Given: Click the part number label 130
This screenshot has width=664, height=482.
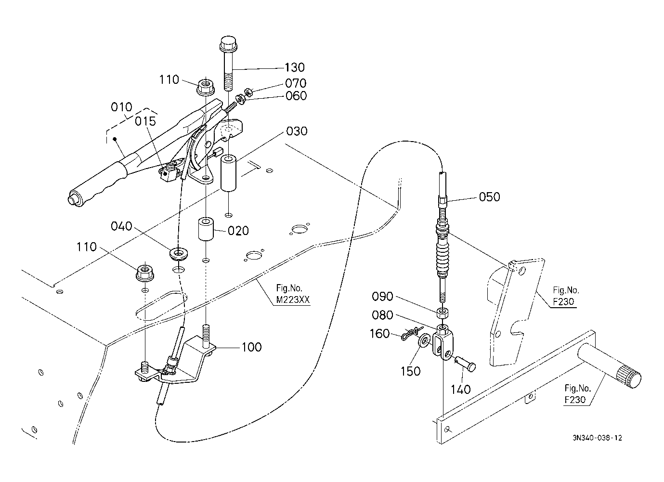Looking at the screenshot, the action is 294,67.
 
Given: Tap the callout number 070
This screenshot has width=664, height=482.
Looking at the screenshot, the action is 296,83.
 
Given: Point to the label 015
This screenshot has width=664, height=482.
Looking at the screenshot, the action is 145,121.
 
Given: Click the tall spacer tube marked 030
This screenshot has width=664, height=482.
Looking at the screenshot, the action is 228,173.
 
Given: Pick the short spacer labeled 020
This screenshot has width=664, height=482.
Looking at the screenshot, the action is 206,229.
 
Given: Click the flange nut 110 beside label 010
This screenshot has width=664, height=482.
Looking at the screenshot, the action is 206,87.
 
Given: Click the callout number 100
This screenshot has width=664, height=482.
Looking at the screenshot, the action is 252,347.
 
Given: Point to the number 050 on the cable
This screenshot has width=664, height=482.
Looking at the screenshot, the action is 489,197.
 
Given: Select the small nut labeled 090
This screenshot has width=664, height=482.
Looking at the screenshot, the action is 443,313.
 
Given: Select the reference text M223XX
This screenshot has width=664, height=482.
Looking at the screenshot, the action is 293,300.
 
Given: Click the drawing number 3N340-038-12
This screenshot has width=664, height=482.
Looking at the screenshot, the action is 597,438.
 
